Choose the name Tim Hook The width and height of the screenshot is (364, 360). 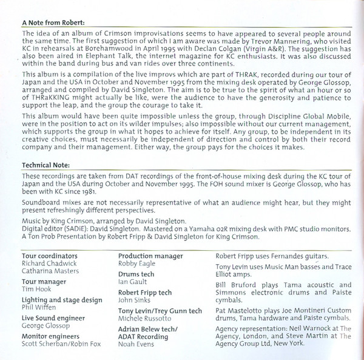[x=36, y=289]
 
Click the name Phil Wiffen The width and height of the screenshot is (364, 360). [x=39, y=308]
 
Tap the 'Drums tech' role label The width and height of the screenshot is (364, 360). [x=136, y=274]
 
